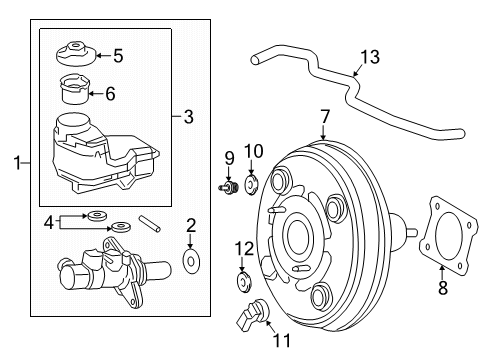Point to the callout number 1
pos(13,161)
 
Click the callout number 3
pos(187,117)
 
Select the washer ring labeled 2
pos(191,263)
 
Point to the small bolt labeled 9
pos(225,186)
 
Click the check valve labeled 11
pos(251,316)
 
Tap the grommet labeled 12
pos(242,279)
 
